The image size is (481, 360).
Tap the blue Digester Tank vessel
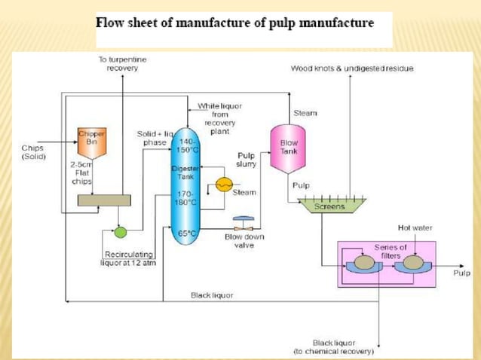click(x=184, y=185)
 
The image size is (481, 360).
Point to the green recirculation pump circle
click(x=120, y=232)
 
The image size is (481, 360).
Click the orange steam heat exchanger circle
click(x=223, y=184)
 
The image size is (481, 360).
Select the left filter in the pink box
click(x=365, y=264)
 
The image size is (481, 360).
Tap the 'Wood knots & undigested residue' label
click(x=351, y=69)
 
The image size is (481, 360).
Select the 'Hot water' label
click(x=414, y=227)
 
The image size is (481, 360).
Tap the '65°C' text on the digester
click(x=184, y=233)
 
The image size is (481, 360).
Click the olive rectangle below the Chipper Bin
click(x=105, y=200)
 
